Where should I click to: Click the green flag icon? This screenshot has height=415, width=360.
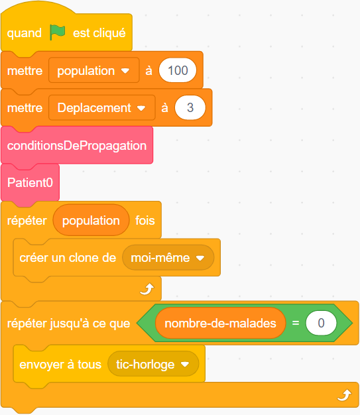[x=57, y=32]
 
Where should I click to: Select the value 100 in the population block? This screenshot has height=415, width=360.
[x=178, y=70]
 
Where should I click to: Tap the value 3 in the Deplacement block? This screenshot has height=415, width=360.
[x=190, y=107]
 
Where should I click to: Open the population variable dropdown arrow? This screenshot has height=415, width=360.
[x=125, y=71]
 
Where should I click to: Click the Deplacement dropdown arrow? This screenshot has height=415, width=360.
[x=141, y=108]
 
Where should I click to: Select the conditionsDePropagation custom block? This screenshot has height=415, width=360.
[x=77, y=145]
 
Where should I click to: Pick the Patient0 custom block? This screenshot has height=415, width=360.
[x=30, y=182]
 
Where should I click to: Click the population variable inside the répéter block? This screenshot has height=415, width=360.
[x=91, y=220]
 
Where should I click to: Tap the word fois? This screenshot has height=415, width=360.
[x=145, y=221]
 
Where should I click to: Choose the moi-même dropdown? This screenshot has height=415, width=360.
[x=168, y=257]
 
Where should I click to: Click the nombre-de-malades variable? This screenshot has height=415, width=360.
[x=221, y=323]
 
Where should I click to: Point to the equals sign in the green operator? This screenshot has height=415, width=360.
[x=296, y=323]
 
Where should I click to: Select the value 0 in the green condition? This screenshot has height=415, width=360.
[x=321, y=323]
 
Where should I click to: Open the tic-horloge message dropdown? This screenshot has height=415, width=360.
[x=153, y=365]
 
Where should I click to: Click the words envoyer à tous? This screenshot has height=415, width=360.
[x=60, y=365]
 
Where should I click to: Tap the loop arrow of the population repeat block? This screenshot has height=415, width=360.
[x=147, y=289]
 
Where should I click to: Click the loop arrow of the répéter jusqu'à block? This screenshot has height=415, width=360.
[x=344, y=395]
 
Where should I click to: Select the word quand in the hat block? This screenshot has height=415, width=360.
[x=25, y=33]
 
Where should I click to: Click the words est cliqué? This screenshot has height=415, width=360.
[x=99, y=33]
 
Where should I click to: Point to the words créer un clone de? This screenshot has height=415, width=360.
[x=68, y=258]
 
